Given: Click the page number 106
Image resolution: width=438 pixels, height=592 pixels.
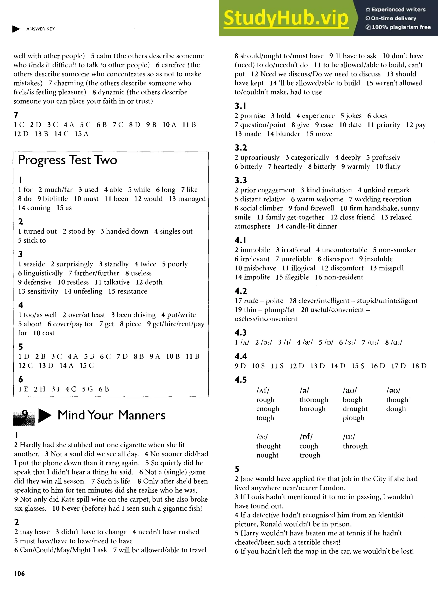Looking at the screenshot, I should [x=19, y=573].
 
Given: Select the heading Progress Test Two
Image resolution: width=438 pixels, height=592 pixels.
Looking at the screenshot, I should [x=67, y=160].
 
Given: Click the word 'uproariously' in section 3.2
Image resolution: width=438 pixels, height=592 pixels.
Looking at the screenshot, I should [x=260, y=158].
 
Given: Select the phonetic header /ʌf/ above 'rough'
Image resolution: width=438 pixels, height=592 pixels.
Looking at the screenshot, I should [x=263, y=390].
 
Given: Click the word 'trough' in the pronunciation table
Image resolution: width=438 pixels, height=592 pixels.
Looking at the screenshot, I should [x=310, y=455].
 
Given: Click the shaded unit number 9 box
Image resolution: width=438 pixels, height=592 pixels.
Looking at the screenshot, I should [x=24, y=417].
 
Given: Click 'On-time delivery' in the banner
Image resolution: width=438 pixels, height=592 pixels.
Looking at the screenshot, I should [x=394, y=18].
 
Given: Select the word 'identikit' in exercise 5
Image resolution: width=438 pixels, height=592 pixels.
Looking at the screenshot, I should [x=391, y=515].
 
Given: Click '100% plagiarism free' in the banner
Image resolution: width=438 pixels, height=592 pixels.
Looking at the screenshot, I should [x=401, y=27].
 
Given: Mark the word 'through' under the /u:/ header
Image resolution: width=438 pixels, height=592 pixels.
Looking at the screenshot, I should [x=355, y=446].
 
